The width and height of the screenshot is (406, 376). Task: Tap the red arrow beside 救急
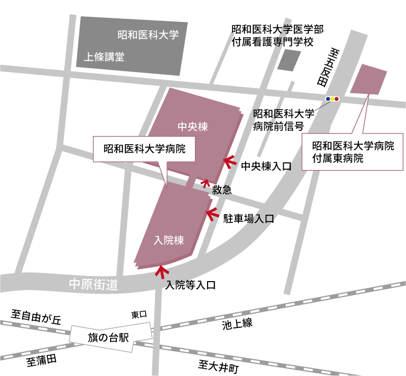206,182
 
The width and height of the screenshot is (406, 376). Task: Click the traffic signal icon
332,98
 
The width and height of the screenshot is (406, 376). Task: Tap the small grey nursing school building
289,60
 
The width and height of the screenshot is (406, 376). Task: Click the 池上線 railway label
237,324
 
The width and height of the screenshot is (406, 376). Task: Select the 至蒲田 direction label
42,361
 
